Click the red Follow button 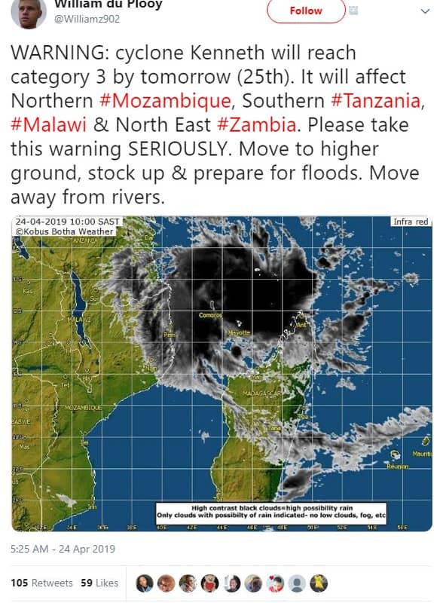pyautogui.click(x=306, y=11)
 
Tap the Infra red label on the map pyautogui.click(x=411, y=222)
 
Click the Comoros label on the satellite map pyautogui.click(x=210, y=315)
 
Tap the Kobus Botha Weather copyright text pyautogui.click(x=66, y=231)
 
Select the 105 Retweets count pyautogui.click(x=42, y=583)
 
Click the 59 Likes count pyautogui.click(x=99, y=583)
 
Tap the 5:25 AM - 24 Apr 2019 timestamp pyautogui.click(x=63, y=549)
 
